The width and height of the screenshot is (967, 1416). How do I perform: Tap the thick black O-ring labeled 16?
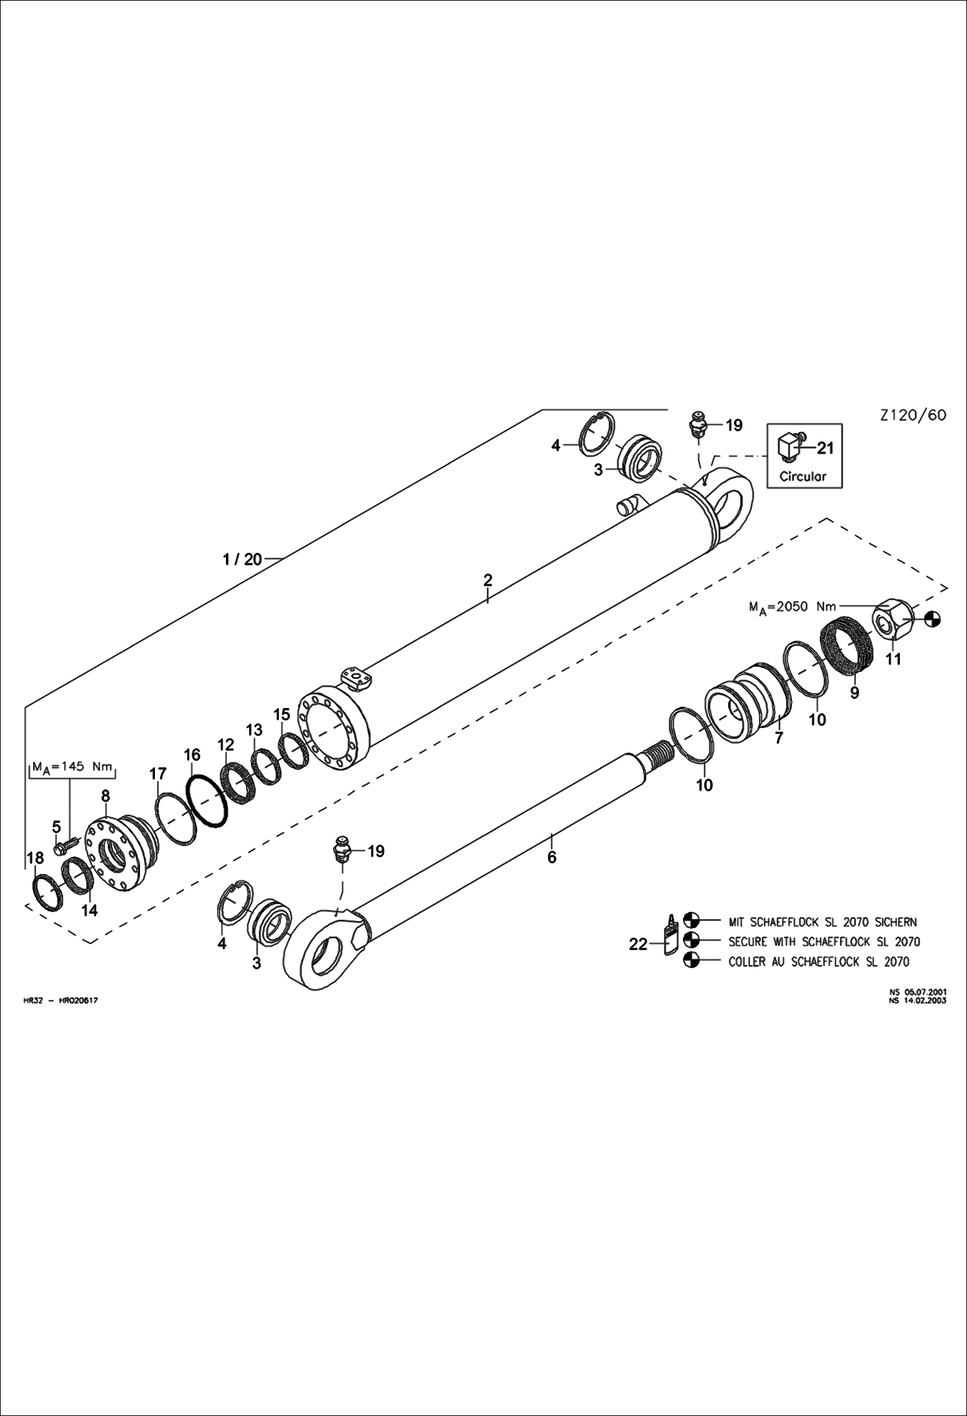(x=207, y=800)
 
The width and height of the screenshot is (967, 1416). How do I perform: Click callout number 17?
(x=158, y=773)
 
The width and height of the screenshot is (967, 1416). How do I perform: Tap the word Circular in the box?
(x=802, y=477)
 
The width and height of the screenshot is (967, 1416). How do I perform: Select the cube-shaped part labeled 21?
(x=789, y=446)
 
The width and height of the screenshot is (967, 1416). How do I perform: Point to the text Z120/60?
(x=913, y=415)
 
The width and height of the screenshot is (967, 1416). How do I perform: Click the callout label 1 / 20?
(x=242, y=559)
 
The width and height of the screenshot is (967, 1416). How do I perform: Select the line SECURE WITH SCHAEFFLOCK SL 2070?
(x=824, y=942)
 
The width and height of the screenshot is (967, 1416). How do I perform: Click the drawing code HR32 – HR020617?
(x=60, y=1000)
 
